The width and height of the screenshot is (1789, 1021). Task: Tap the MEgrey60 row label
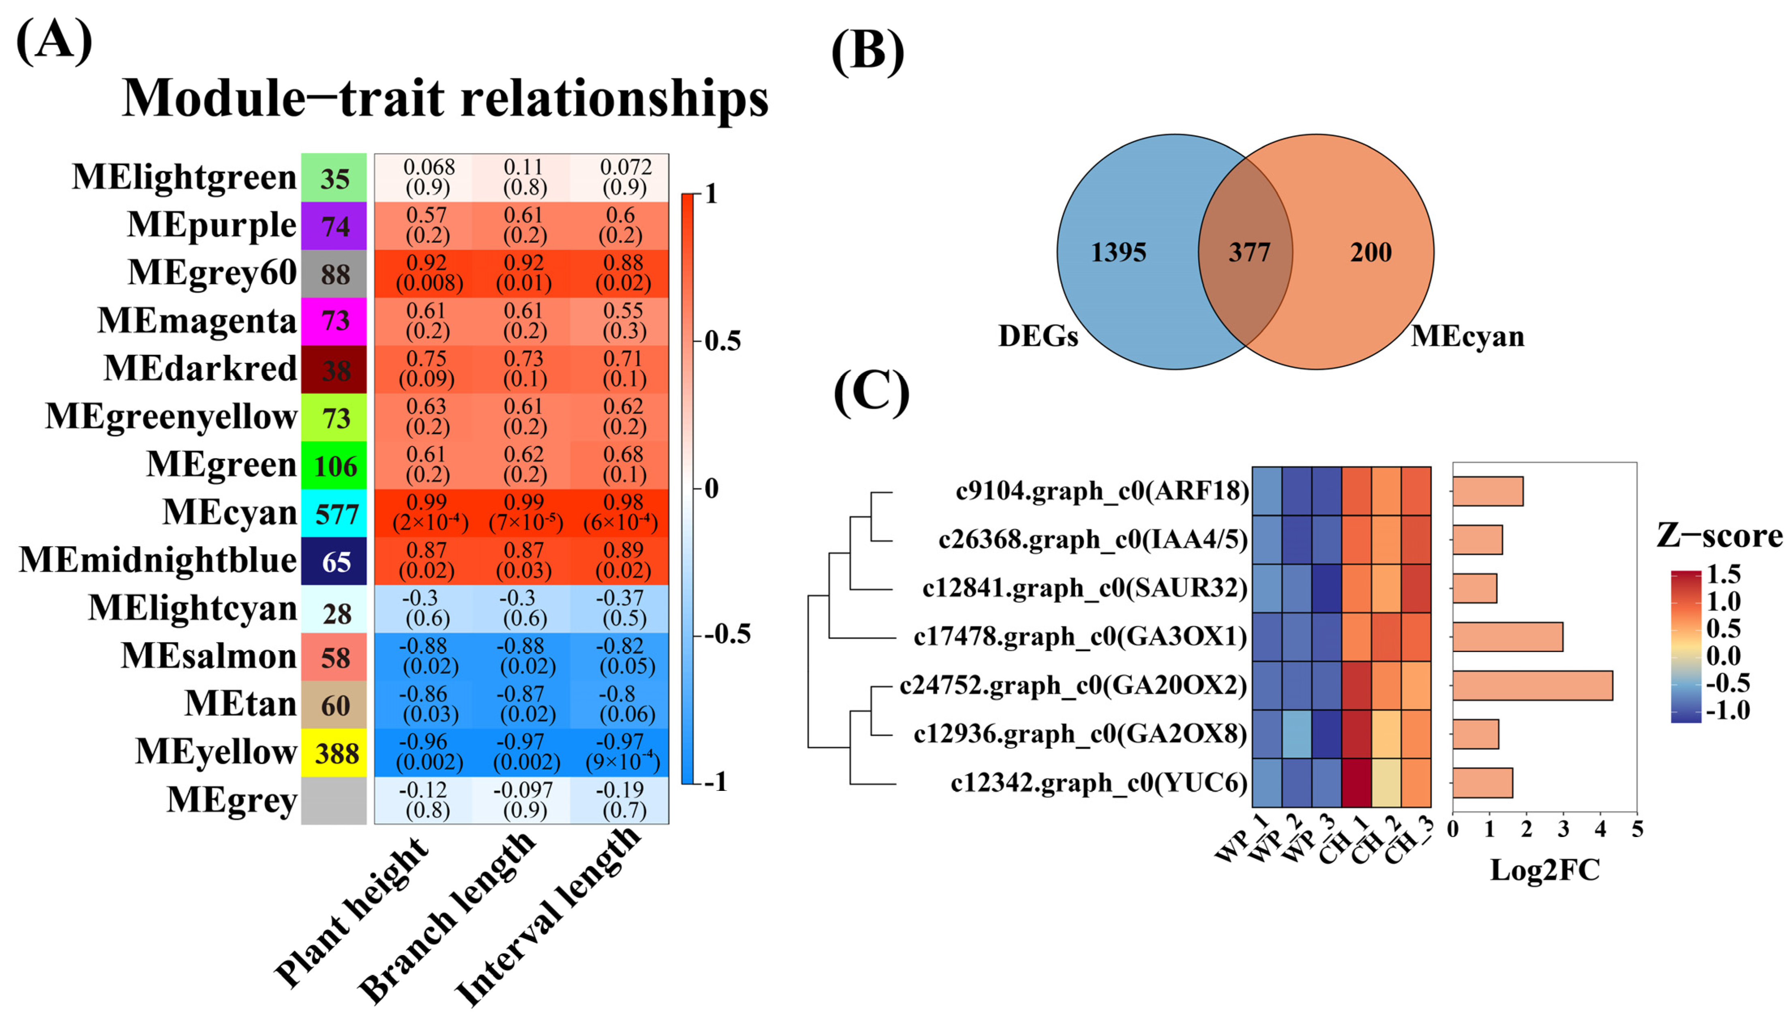pos(212,273)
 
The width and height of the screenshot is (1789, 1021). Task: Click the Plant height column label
pos(351,912)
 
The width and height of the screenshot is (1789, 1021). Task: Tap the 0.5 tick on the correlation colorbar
pos(722,342)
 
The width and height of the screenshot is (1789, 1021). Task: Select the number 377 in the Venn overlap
pos(1249,252)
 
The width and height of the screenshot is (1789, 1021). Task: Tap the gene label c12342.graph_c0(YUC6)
pos(1098,783)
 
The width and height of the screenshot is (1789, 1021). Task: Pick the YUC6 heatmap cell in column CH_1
pos(1356,783)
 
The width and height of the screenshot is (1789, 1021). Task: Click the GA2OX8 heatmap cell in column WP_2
pos(1296,733)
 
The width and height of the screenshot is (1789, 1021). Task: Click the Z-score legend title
pos(1719,536)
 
